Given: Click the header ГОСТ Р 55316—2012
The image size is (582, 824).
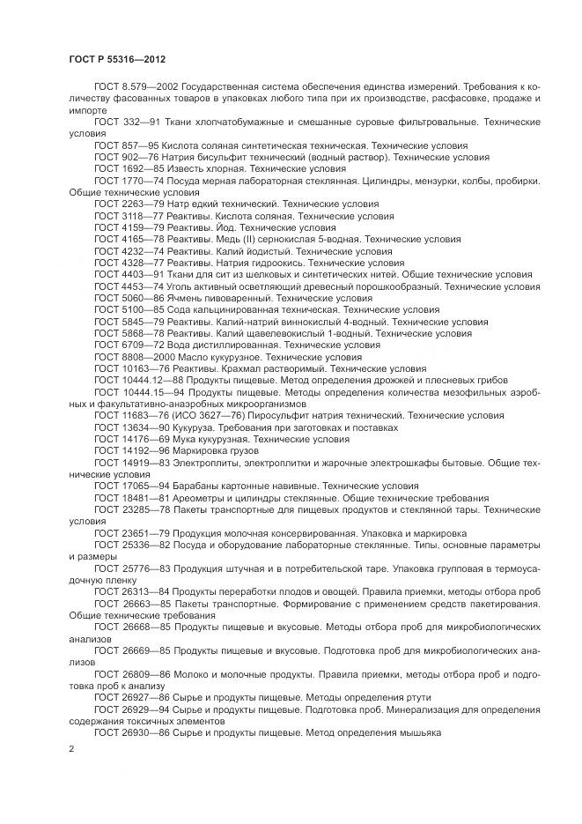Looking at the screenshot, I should tap(117, 59).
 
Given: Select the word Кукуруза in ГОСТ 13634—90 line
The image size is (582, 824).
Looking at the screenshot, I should tap(191, 427).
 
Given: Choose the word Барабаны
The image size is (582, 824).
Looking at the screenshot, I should tap(197, 486).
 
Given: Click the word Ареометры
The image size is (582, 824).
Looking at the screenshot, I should tap(200, 498).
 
